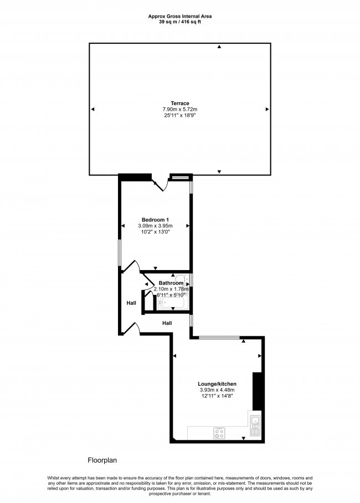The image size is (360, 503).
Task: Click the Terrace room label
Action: (x=180, y=103)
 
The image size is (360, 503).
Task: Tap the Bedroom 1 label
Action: (x=155, y=220)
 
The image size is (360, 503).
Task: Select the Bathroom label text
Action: (x=171, y=283)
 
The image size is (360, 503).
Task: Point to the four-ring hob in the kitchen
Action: (x=219, y=433)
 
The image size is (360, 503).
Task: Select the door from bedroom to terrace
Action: (x=160, y=185)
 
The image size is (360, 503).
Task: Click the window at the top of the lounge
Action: (x=220, y=337)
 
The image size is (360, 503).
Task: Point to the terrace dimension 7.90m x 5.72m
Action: (x=180, y=110)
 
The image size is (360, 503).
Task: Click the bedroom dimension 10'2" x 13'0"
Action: (x=155, y=232)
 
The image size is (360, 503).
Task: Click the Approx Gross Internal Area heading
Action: (x=180, y=16)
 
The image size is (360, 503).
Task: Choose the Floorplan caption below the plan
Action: (x=102, y=460)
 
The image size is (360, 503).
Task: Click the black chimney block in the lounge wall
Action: (x=257, y=391)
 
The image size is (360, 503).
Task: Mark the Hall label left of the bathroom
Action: (x=131, y=303)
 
